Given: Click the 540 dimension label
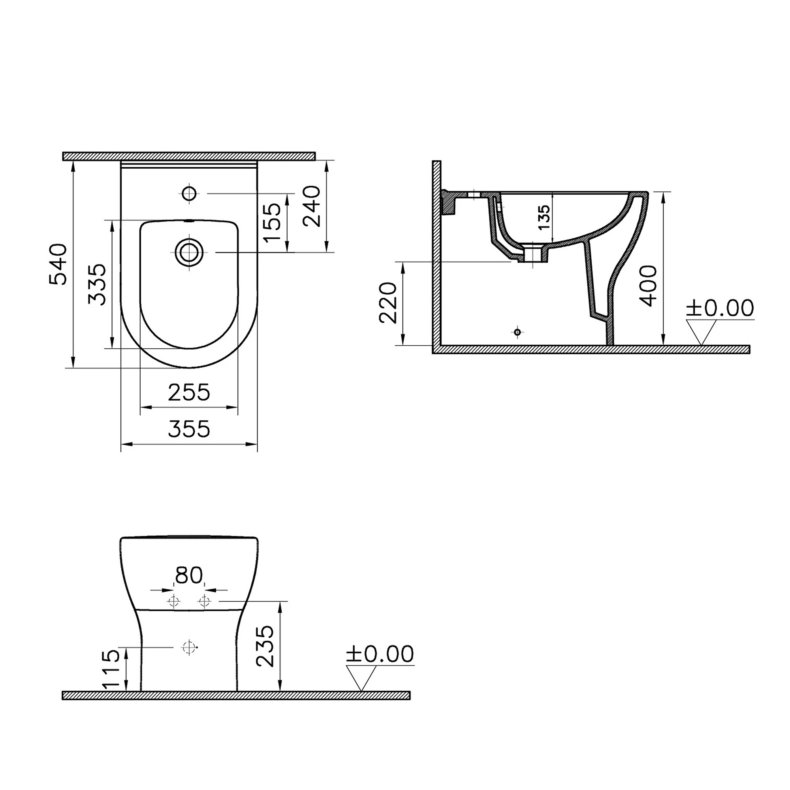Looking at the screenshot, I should pos(58,264).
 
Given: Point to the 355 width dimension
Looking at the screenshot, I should pos(189,429).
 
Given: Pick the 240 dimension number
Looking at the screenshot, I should pos(312,207).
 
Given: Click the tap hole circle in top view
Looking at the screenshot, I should pos(189,194).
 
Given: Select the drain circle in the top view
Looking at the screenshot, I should pos(189,252).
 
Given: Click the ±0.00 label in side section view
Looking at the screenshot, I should pos(720,308).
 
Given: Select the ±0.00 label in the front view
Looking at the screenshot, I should pos(380,654).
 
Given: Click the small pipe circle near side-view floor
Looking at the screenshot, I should pos(518,332).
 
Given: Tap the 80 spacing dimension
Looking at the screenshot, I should pos(189,576).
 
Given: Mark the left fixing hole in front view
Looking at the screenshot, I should pos(174,601).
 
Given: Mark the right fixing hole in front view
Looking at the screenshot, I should pos(204,601).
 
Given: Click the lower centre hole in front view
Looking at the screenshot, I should pos(188,647).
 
